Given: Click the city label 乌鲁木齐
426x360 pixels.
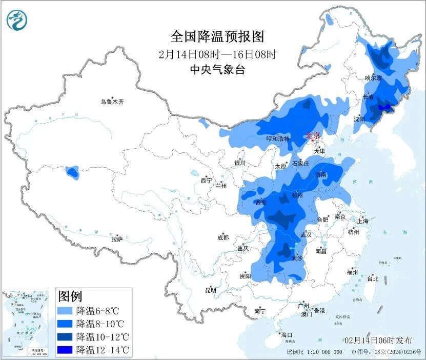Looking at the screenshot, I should (112, 102).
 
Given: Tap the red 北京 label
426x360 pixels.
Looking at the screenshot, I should (312, 136).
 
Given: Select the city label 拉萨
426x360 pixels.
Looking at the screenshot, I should (117, 238).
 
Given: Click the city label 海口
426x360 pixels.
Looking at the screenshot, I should (287, 335).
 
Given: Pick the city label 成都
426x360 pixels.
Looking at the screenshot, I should (223, 237).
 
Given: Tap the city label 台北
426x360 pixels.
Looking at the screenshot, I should (373, 279).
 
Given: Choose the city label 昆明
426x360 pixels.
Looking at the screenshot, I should (211, 290).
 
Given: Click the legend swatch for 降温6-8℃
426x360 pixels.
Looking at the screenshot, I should (65, 311).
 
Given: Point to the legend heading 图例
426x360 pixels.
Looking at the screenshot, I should (70, 296).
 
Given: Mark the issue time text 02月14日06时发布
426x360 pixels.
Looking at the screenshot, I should (378, 341).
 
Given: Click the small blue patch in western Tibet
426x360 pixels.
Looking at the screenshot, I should (72, 172).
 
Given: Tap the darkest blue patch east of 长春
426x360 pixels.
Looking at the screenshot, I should (384, 107).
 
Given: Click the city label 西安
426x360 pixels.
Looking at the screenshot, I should (261, 203).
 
